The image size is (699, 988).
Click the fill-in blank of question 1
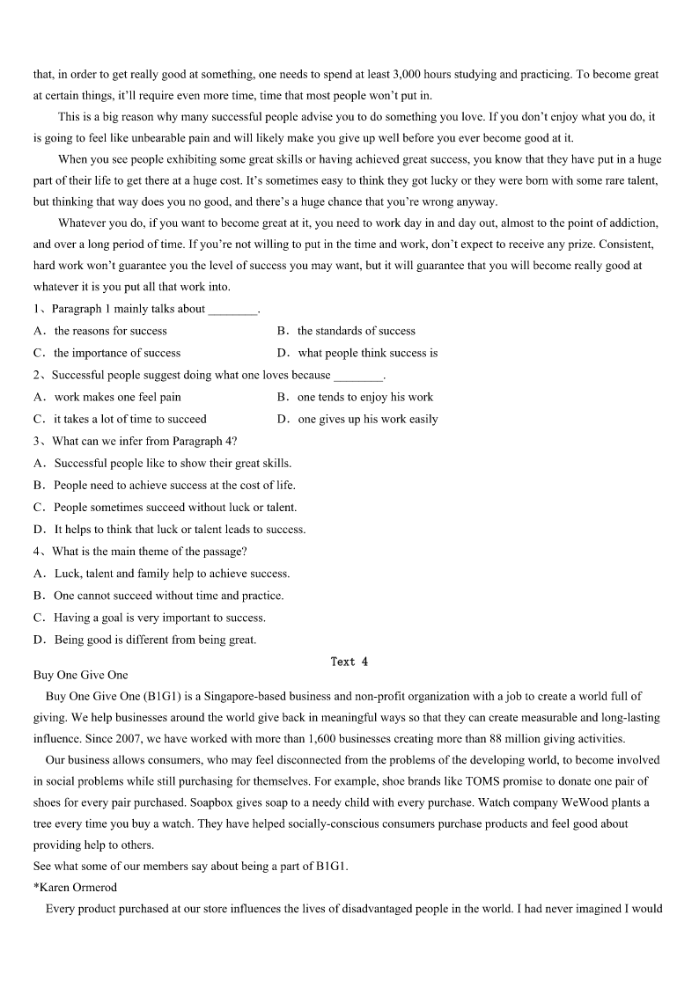click(x=232, y=310)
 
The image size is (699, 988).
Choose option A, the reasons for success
click(x=110, y=331)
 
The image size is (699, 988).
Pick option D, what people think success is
click(x=367, y=353)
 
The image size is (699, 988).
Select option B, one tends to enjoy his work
click(x=364, y=397)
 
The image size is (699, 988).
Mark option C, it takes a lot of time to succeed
click(x=129, y=419)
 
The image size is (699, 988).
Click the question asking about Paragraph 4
click(x=143, y=441)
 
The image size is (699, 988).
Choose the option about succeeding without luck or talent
click(x=175, y=507)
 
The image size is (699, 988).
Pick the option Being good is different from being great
click(x=155, y=640)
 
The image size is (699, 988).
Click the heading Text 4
click(x=349, y=662)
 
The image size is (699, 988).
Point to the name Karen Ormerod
click(x=78, y=887)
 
